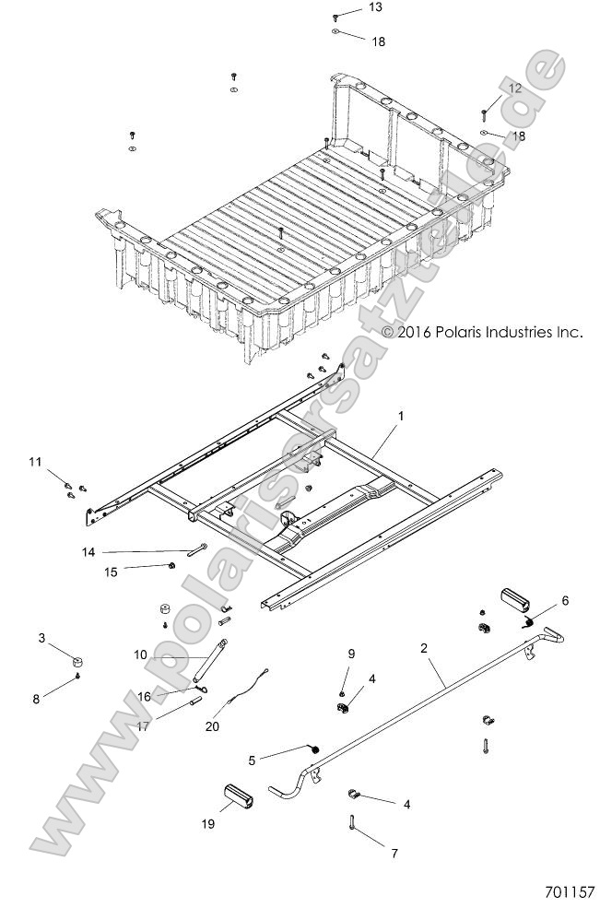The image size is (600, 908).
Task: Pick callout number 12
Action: coord(514,88)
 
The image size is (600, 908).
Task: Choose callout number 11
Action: coord(34,460)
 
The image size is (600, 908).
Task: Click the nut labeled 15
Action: coord(174,565)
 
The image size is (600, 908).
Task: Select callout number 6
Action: coord(564,600)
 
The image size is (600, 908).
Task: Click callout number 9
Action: coord(350,654)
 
